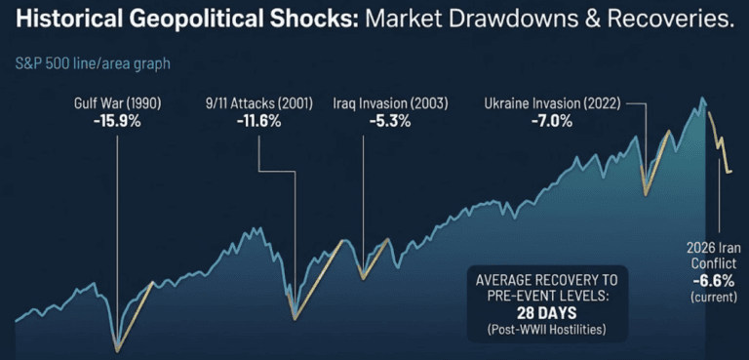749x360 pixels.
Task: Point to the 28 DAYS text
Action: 545,313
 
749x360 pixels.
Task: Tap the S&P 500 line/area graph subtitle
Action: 92,63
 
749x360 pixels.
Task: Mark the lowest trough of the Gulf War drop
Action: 117,348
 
